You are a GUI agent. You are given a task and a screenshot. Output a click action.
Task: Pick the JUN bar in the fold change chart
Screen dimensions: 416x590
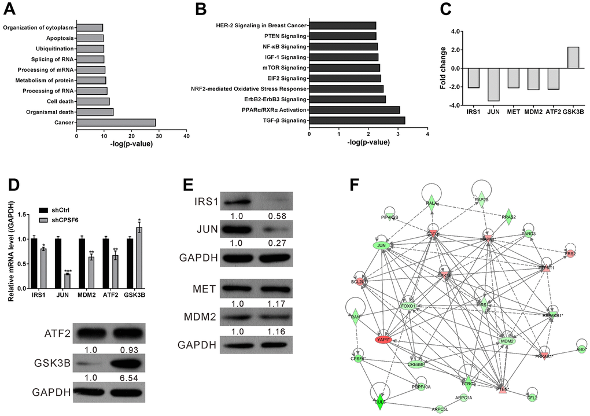pyautogui.click(x=493, y=84)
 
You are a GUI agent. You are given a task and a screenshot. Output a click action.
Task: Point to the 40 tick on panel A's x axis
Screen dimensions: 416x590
pyautogui.click(x=186, y=136)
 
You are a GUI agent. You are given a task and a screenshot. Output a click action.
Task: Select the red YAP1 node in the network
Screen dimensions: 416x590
pyautogui.click(x=383, y=340)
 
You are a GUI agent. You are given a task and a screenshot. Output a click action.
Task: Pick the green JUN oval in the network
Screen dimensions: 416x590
pyautogui.click(x=381, y=246)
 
